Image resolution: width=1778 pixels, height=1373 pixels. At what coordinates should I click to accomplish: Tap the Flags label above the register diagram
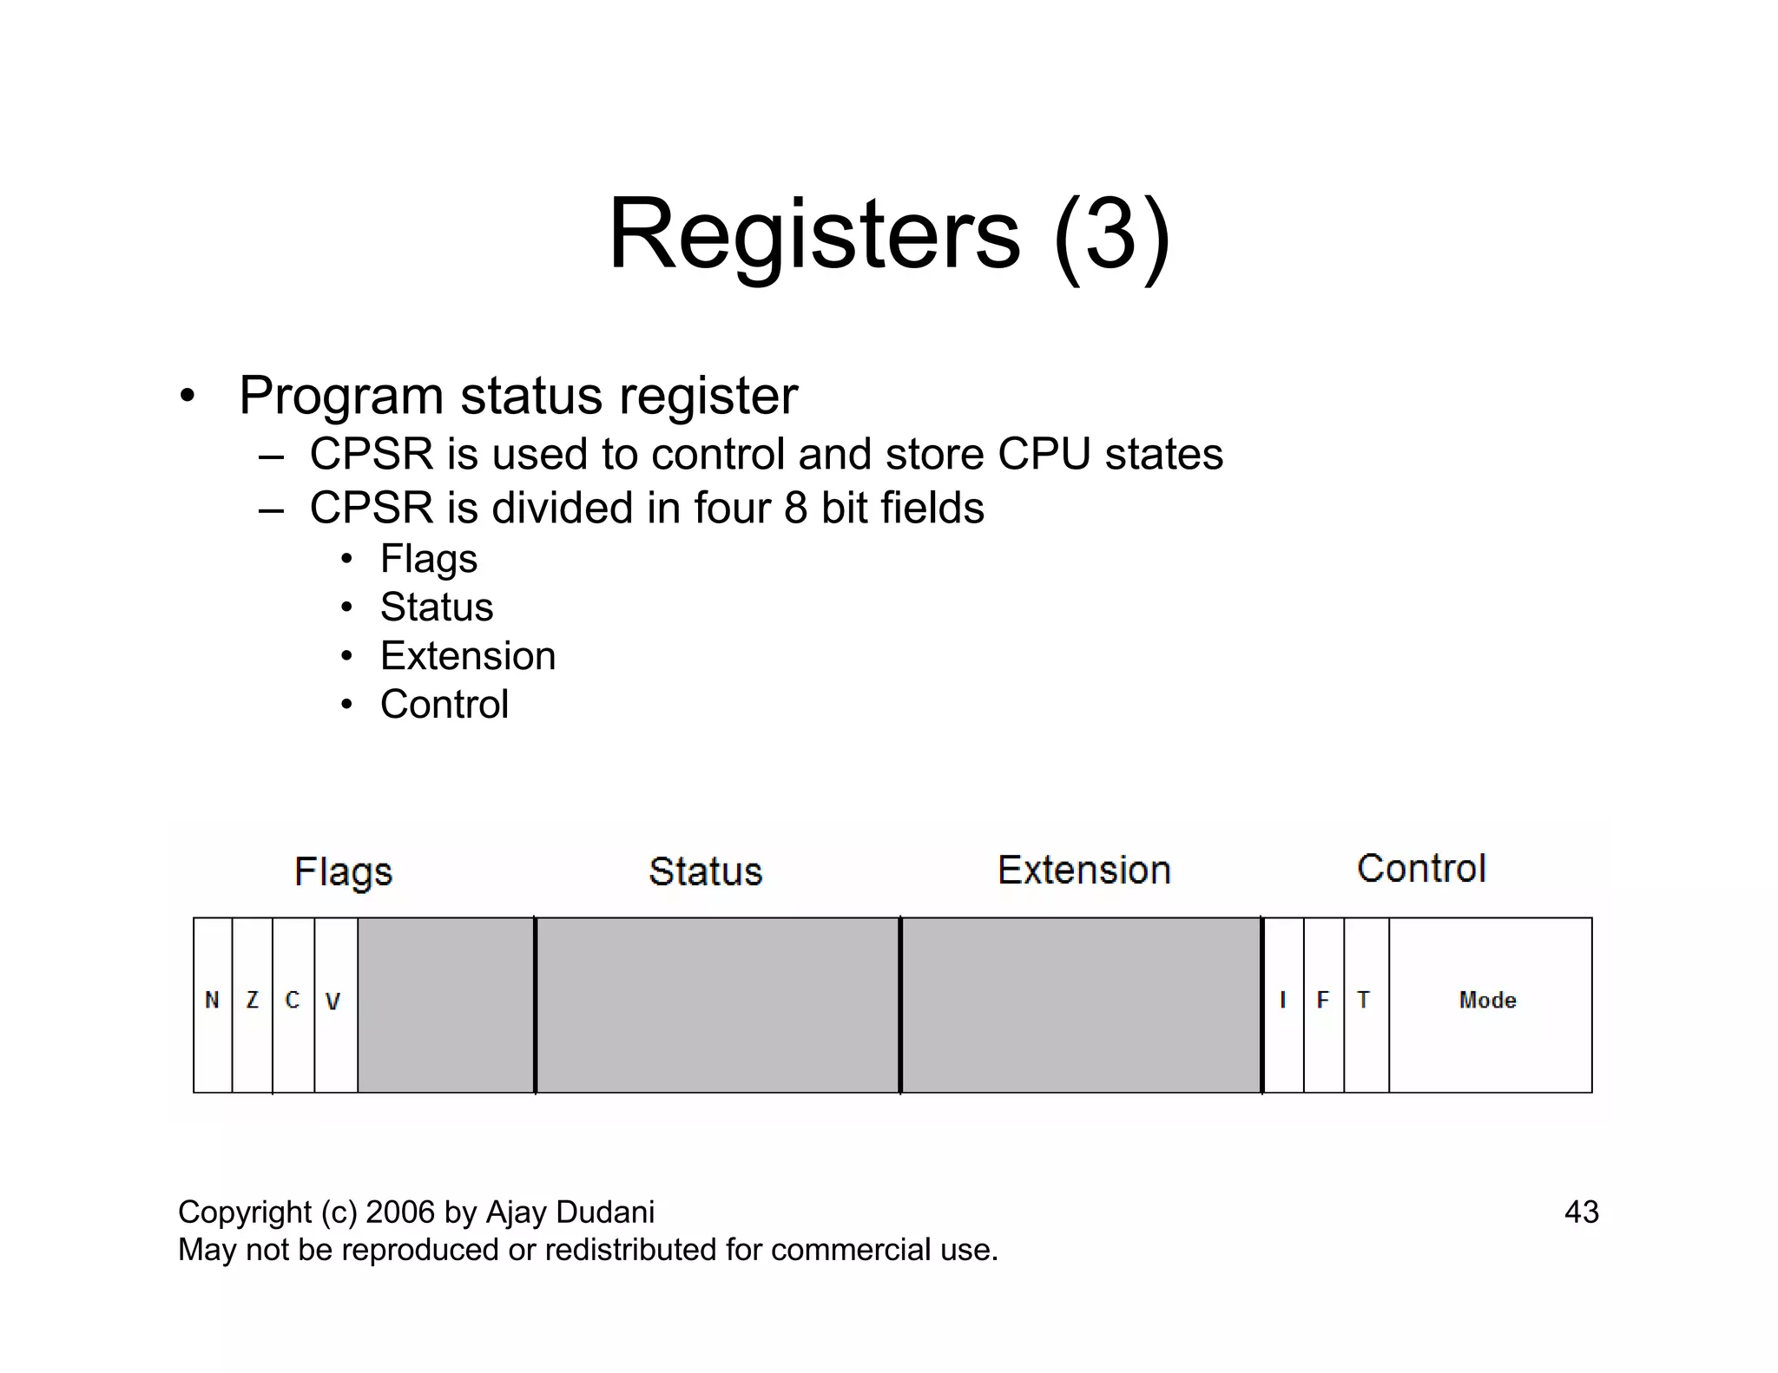[344, 872]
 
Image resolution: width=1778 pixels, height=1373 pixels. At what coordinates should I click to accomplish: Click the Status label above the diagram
[706, 871]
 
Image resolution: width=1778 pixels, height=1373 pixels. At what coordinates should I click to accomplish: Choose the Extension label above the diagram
[1084, 870]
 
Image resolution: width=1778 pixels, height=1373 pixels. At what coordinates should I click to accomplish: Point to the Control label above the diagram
[1422, 868]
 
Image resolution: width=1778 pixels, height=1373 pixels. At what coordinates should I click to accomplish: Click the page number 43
[1581, 1212]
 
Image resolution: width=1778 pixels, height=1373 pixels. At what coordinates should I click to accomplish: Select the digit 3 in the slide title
[1112, 235]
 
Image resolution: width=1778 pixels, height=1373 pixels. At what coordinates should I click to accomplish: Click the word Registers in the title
[814, 235]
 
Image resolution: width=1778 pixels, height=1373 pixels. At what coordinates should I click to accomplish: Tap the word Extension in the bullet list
[468, 656]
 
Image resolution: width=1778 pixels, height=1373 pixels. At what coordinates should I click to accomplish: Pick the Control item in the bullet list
[444, 705]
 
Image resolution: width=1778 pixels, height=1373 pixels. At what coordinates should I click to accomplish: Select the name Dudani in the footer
[608, 1212]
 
